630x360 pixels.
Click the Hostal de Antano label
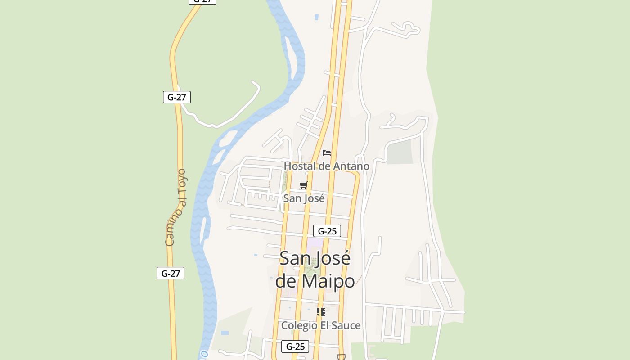coord(326,166)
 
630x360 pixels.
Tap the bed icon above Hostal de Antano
coord(327,153)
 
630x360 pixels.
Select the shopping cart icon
coord(304,185)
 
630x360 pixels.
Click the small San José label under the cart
coord(304,198)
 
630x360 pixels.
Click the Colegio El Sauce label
coord(321,325)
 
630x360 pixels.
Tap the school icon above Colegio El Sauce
coord(321,311)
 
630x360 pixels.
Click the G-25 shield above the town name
coord(327,231)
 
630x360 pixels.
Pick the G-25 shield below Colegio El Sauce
coord(295,346)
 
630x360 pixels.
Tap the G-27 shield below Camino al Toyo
coord(171,273)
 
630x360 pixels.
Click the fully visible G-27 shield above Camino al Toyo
coord(177,97)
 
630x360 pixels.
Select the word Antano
coord(351,166)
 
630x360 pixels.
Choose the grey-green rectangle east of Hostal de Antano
coord(400,152)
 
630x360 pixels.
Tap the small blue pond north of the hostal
coord(316,18)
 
